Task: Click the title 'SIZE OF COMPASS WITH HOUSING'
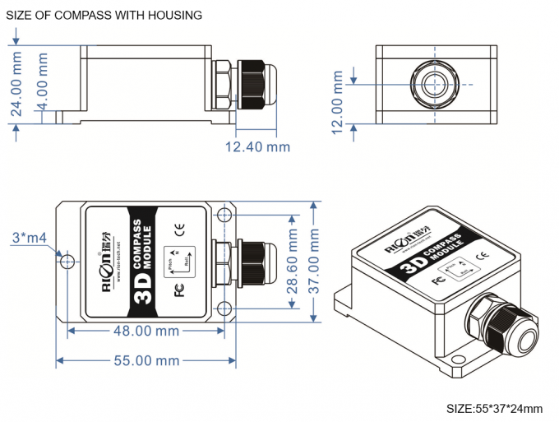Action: click(104, 15)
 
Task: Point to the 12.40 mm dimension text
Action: click(258, 147)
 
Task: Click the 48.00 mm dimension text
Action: click(146, 332)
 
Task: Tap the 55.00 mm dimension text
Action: click(145, 361)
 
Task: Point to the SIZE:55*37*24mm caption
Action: click(494, 408)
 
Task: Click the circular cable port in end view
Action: click(435, 85)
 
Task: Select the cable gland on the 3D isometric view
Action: click(497, 324)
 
